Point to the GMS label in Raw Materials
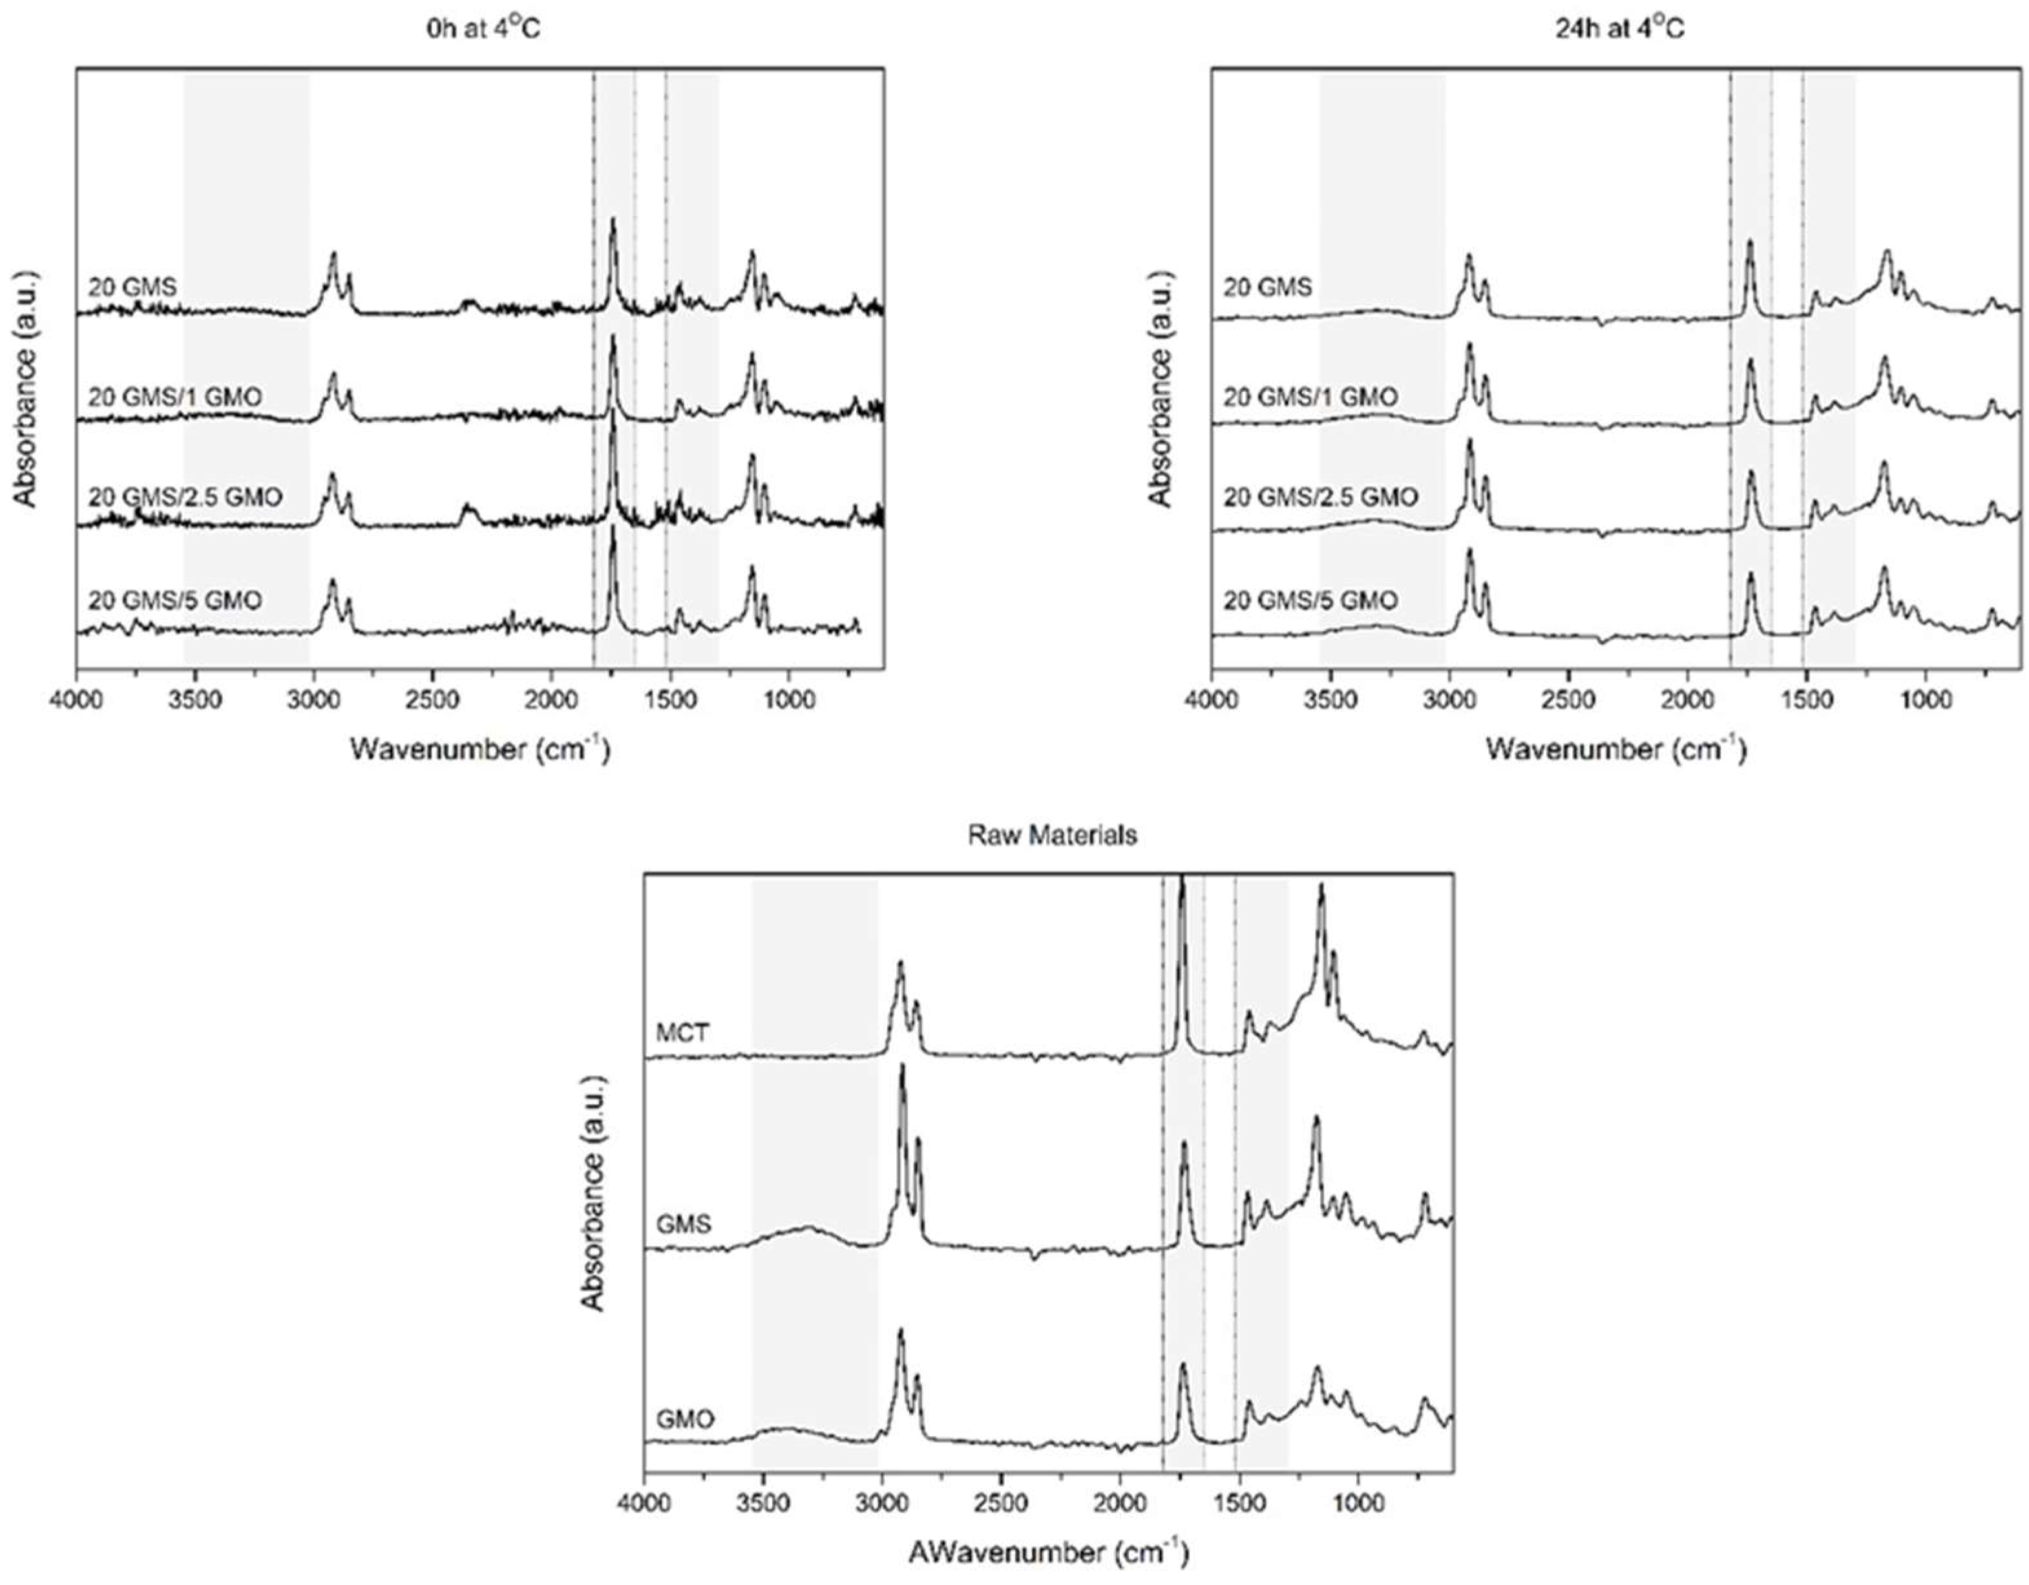point(684,1224)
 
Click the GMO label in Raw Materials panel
point(686,1419)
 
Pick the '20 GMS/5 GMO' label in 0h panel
point(174,600)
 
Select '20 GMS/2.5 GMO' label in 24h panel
point(1320,497)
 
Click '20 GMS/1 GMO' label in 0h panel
point(174,397)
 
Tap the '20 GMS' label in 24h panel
point(1267,287)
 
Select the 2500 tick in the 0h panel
point(433,698)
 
